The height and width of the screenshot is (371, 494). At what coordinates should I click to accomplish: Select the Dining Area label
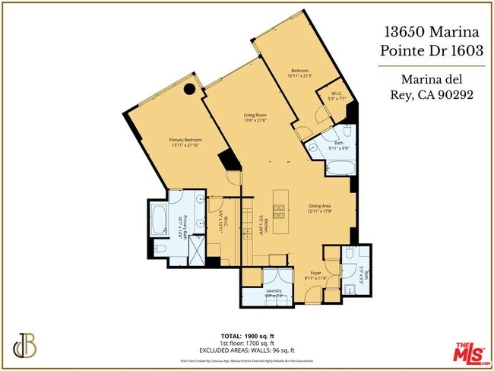point(321,208)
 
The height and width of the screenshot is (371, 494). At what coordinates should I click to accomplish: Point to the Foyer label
point(315,275)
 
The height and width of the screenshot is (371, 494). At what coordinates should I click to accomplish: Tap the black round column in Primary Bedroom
point(191,90)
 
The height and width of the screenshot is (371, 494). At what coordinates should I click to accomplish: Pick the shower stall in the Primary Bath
point(195,251)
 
